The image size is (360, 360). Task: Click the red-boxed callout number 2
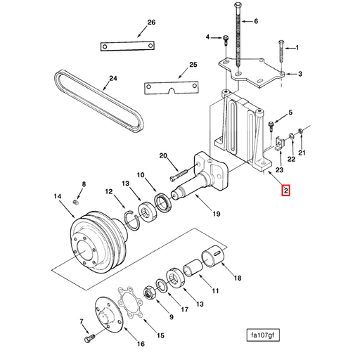[285, 190]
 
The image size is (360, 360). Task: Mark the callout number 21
[302, 153]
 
